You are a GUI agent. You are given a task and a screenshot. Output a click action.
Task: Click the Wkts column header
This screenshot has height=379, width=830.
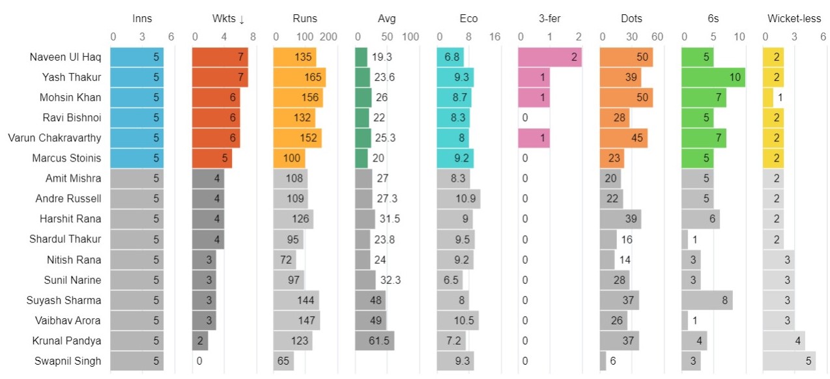(x=228, y=19)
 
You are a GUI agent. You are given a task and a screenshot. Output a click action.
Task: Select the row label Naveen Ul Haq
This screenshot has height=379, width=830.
(x=65, y=57)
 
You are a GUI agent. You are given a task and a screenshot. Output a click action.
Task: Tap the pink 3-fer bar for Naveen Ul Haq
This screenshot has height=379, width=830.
(x=550, y=57)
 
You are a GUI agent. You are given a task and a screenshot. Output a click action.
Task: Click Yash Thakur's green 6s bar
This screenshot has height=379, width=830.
(x=713, y=77)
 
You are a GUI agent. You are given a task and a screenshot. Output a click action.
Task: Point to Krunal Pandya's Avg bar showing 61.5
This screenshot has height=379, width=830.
(x=375, y=341)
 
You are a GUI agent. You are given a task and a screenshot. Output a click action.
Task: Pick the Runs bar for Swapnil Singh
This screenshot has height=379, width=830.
(x=283, y=361)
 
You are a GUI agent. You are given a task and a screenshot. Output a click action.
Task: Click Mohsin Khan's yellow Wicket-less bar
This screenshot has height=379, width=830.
(x=768, y=98)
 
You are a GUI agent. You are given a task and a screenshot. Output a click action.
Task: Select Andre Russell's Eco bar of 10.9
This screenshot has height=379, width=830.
(x=459, y=199)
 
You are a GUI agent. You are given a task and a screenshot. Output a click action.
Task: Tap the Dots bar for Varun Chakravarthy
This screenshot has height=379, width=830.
(x=623, y=138)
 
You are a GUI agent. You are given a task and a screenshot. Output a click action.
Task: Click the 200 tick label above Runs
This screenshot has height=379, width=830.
(x=328, y=37)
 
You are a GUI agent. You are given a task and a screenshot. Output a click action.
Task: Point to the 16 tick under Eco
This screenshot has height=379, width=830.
(x=495, y=37)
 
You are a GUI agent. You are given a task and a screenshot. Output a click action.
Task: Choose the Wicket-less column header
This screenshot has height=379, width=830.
(x=794, y=19)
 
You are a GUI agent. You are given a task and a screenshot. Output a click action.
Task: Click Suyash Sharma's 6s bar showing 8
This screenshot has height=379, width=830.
(x=707, y=300)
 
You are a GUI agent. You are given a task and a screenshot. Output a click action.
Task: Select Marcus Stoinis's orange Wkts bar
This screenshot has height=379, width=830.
(x=212, y=158)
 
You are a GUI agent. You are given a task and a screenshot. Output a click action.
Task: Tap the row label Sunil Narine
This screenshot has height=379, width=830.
(x=74, y=280)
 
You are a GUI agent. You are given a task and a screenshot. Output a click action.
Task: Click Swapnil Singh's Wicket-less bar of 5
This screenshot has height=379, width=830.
(x=789, y=361)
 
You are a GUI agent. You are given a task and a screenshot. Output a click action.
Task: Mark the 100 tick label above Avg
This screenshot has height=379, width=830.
(x=410, y=37)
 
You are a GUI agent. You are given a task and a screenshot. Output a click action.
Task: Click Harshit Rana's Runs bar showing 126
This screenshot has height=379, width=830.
(x=293, y=219)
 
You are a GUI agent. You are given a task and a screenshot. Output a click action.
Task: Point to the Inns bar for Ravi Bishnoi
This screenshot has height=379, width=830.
(x=137, y=118)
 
